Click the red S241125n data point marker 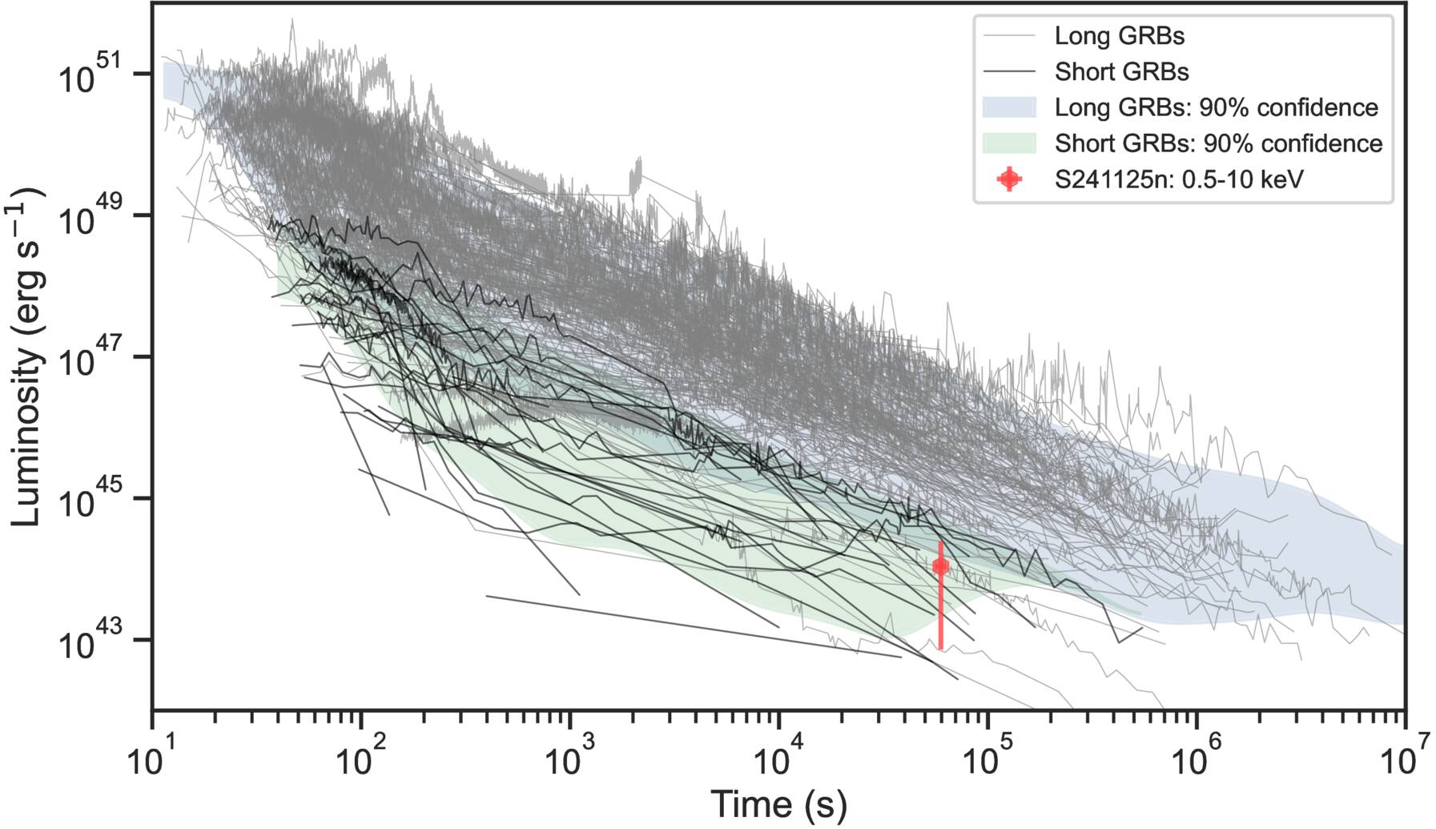(x=940, y=566)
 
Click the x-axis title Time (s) (x=778, y=803)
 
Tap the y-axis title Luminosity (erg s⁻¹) (x=27, y=356)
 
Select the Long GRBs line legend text (x=1119, y=36)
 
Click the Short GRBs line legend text (x=1121, y=72)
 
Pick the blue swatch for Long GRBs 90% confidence (x=1009, y=107)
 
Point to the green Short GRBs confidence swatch (x=1009, y=143)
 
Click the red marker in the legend (x=1009, y=179)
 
